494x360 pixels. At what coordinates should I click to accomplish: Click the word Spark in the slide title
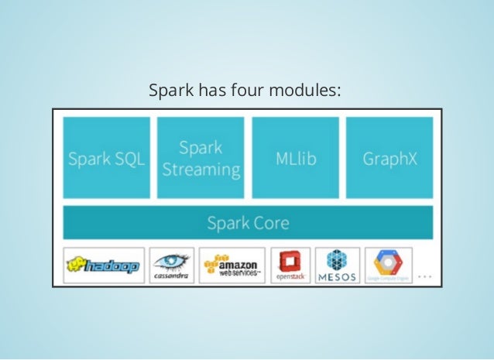(172, 93)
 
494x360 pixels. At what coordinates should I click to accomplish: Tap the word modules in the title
(303, 93)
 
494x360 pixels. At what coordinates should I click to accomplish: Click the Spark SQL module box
(106, 158)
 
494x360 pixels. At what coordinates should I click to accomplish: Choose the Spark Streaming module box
(201, 158)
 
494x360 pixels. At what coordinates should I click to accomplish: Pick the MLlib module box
(296, 158)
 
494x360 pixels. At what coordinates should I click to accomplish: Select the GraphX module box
(389, 158)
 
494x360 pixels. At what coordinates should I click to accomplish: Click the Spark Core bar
(248, 224)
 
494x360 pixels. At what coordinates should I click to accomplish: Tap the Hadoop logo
(104, 266)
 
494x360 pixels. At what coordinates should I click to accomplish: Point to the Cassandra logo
(172, 266)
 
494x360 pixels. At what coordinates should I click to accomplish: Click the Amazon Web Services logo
(232, 266)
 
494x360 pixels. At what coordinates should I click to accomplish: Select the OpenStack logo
(290, 266)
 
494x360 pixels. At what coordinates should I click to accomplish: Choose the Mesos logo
(338, 266)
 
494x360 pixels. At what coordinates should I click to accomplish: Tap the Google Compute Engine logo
(389, 266)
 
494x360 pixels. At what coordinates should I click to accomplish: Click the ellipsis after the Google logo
(424, 275)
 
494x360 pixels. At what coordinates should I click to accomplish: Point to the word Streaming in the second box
(201, 169)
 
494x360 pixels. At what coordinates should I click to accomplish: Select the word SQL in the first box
(129, 159)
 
